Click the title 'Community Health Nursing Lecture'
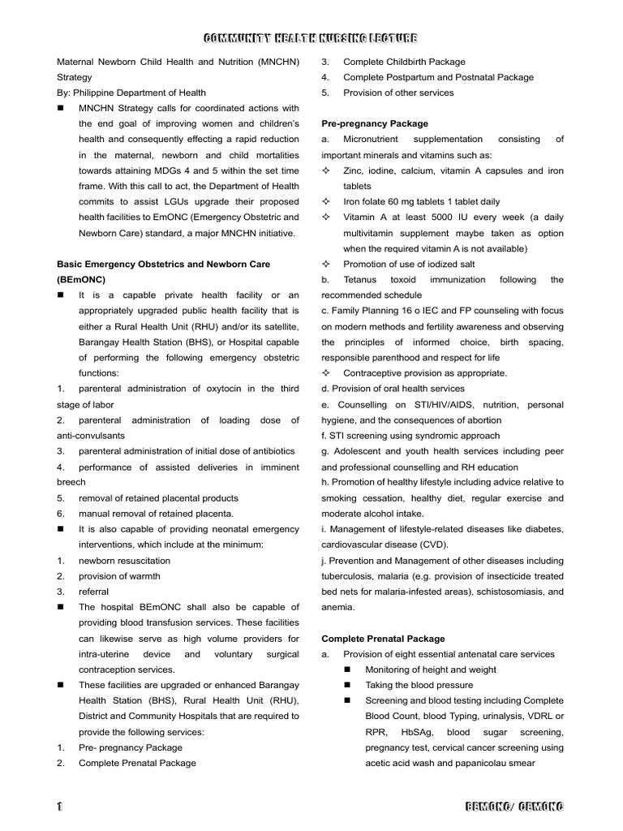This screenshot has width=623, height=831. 311,38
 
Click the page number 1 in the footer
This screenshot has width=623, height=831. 60,807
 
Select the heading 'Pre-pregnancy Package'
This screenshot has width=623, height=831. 375,124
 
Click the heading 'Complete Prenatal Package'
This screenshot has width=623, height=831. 383,639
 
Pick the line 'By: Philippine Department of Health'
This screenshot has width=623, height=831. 131,93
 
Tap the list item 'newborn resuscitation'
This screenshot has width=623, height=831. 124,561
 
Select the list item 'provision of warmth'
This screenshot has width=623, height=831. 119,576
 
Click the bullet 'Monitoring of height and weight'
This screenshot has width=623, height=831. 431,670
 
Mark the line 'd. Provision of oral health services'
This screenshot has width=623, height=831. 393,389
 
